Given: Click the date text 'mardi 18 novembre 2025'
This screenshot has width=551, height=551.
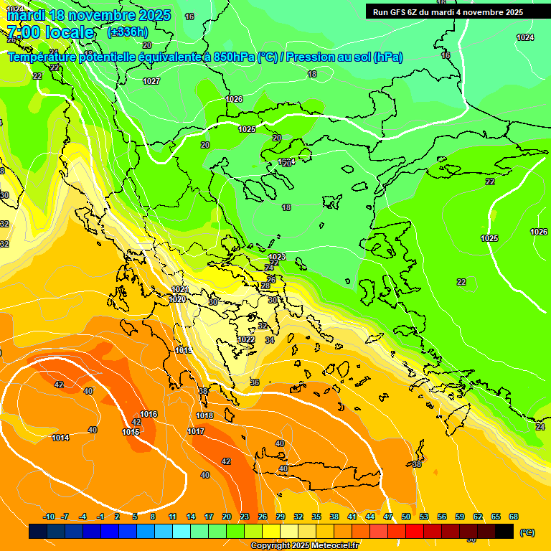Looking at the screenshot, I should point(88,15).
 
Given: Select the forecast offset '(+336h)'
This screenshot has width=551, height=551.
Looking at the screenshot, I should point(127,32).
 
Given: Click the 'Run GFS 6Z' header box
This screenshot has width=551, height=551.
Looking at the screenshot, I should point(448,12).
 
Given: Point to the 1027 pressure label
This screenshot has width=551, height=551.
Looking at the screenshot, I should point(151,81).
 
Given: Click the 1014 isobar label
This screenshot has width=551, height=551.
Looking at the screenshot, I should point(60,438).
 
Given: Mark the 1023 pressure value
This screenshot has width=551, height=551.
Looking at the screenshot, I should point(277,257).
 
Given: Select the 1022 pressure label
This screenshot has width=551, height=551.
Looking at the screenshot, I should point(246,339).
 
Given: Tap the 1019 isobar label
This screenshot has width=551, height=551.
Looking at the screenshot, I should point(183,350).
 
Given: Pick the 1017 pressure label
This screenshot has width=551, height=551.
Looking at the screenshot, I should point(196,431).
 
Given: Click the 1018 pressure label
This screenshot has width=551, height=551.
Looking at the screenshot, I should point(204,415).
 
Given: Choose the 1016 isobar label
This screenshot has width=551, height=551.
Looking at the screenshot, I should point(149,414).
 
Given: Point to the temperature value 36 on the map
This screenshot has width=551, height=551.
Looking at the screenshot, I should point(255,382).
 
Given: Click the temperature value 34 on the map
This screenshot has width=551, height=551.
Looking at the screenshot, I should point(269,340).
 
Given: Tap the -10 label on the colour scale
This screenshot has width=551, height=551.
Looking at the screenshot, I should point(49,517).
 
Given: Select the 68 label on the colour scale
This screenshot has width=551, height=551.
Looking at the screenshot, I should point(514,517).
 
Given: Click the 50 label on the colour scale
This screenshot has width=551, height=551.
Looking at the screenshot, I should point(406,517).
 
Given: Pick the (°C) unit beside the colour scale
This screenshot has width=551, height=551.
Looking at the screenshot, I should point(527,532).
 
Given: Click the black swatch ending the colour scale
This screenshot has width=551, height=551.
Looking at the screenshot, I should point(504,531).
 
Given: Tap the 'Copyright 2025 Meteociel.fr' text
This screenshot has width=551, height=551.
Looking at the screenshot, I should point(305,546).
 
